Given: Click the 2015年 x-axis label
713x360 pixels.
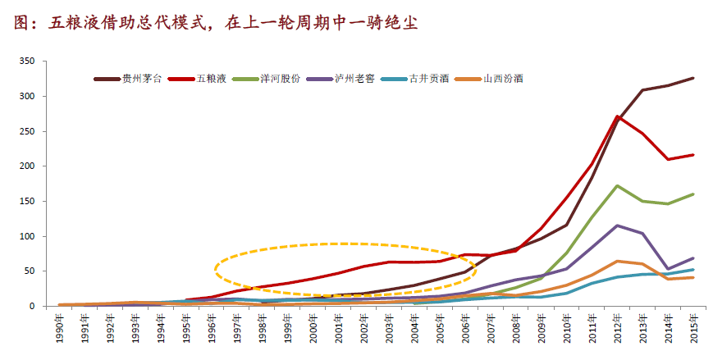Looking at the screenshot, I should tap(694, 332).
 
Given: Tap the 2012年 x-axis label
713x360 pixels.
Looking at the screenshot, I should tap(618, 332).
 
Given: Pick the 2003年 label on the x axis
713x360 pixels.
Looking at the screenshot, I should tap(390, 332).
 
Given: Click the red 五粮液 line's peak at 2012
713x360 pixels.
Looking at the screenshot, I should tap(617, 116).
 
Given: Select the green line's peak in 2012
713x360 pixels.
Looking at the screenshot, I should tap(617, 186).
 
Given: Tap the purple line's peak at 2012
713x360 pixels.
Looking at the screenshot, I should tap(617, 226).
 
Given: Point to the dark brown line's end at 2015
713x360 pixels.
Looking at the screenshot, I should tap(693, 79).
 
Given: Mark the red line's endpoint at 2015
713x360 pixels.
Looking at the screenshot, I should tap(693, 155).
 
